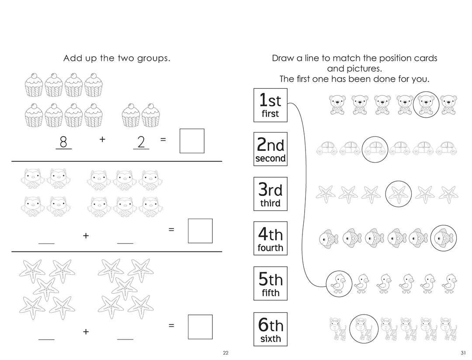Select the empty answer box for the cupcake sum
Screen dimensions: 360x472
(192, 141)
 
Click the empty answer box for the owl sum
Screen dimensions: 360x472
(200, 231)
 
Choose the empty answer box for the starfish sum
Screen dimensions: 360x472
(200, 327)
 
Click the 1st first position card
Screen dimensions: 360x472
(271, 105)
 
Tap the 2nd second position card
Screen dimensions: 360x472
(271, 149)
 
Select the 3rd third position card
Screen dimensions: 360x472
(271, 194)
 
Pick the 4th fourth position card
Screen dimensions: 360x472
(271, 238)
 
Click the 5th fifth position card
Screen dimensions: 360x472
(271, 283)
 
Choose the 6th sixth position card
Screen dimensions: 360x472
(271, 329)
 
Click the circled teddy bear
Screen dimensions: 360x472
(426, 105)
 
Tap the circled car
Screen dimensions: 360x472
(375, 149)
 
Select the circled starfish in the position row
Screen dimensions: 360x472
(398, 193)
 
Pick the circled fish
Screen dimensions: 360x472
(443, 238)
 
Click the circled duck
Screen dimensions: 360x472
(339, 283)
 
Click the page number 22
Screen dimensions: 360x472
(226, 353)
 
